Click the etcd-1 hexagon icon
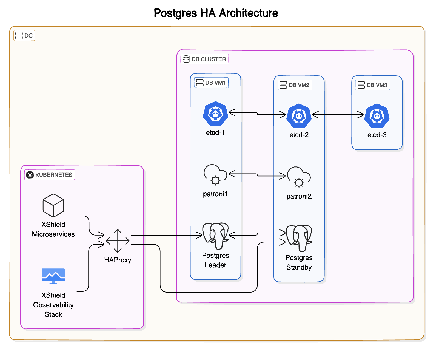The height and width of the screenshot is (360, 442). click(x=215, y=114)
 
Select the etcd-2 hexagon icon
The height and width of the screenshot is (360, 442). click(x=299, y=116)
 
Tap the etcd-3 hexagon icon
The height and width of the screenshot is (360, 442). click(x=377, y=116)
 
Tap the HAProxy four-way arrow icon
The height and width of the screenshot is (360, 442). click(x=118, y=241)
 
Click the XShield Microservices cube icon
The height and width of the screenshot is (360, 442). click(x=53, y=205)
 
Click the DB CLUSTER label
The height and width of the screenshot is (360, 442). click(x=205, y=59)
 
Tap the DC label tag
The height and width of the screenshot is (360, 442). click(x=24, y=36)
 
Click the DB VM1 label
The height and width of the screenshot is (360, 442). click(x=211, y=83)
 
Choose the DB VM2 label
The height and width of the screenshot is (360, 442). click(x=295, y=85)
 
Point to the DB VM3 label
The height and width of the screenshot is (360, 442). click(x=373, y=85)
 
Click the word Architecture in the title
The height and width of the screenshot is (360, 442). click(x=249, y=13)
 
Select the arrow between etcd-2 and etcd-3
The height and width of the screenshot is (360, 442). click(x=338, y=115)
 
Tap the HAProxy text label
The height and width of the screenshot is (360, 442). click(x=118, y=260)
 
